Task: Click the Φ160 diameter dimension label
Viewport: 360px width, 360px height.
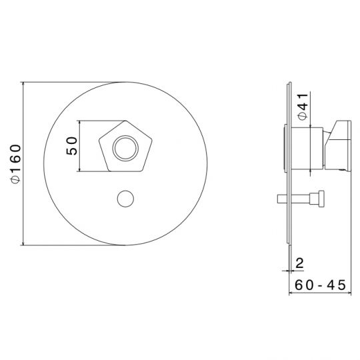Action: click(15, 164)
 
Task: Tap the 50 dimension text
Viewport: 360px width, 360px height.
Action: click(71, 146)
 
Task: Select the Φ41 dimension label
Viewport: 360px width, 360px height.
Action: click(303, 106)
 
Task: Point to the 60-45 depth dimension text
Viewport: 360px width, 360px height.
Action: click(320, 285)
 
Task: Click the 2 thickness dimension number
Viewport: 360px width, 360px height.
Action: click(299, 263)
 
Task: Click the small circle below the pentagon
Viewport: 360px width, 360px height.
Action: click(125, 199)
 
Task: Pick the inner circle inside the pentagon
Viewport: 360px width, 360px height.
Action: click(125, 148)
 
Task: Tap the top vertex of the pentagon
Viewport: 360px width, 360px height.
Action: click(125, 121)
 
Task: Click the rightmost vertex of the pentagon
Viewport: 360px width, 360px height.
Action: click(152, 139)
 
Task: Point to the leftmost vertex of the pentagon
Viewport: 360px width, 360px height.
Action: click(99, 139)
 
